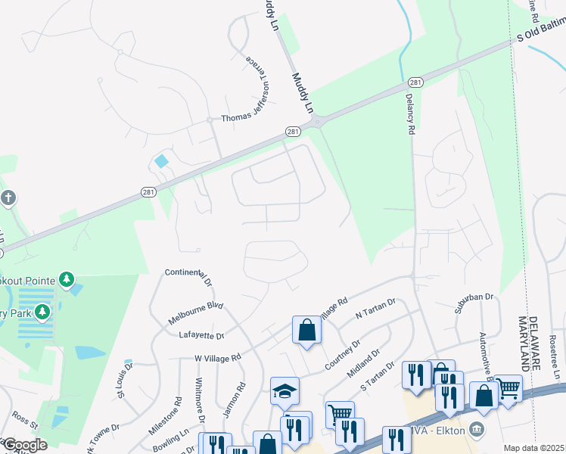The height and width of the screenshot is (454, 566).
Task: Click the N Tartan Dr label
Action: click(375, 310)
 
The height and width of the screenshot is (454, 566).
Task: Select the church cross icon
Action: click(8, 198)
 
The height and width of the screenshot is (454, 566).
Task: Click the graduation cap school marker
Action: click(285, 390)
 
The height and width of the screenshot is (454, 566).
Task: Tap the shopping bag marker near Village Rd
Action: click(306, 330)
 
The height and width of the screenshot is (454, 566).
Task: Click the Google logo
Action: click(24, 445)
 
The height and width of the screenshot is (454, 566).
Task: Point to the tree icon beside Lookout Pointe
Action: click(67, 281)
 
